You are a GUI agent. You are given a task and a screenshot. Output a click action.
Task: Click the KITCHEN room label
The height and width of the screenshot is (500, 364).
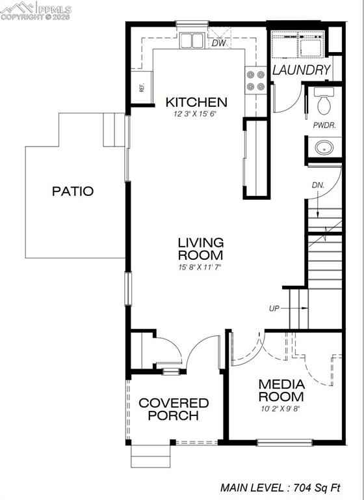196,102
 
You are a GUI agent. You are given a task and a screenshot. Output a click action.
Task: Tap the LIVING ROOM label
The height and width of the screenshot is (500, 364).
201,249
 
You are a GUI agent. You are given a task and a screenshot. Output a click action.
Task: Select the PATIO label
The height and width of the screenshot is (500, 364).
73,191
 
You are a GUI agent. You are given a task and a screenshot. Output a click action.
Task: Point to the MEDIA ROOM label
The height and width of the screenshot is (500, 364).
281,391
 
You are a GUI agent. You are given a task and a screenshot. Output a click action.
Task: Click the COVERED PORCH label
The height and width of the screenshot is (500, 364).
174,409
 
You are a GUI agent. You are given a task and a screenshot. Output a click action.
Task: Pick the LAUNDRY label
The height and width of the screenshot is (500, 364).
301,70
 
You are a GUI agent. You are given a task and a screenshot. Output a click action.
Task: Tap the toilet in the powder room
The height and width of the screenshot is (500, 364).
324,101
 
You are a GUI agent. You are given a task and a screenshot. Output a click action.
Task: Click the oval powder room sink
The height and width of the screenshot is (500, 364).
324,148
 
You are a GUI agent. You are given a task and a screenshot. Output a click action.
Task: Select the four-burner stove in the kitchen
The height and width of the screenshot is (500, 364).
255,80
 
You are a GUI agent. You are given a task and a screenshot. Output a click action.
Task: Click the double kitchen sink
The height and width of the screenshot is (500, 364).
192,40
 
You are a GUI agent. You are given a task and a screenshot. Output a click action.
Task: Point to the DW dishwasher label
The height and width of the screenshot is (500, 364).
218,43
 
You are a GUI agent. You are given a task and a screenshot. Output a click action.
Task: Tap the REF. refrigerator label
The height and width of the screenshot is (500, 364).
142,88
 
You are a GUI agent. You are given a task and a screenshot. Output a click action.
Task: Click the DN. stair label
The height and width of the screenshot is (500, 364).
318,186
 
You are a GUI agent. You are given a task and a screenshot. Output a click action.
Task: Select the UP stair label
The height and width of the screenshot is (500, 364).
274,309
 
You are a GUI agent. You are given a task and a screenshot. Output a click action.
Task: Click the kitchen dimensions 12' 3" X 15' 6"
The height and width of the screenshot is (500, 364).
195,114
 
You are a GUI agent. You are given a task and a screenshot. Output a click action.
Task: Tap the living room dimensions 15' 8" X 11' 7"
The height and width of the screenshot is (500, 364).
200,267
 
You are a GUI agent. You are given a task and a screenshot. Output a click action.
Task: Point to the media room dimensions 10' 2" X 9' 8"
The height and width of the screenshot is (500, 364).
281,408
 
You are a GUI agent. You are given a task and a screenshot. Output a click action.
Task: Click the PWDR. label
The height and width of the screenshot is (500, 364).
324,125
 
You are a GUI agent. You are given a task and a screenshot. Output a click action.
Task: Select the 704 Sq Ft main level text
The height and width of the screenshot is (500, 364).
317,488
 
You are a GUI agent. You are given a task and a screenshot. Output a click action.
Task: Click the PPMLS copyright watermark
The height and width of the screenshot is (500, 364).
36,11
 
